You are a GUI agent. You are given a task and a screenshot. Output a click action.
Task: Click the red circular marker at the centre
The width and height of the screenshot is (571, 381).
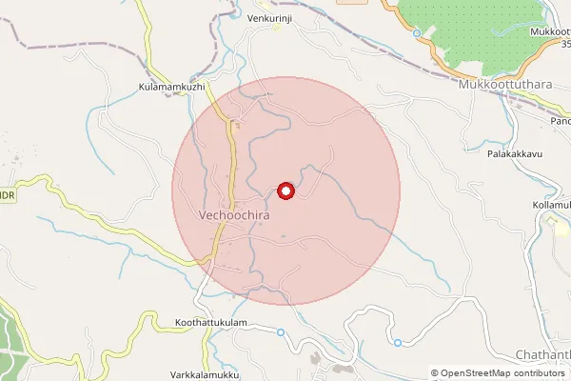point(285,190)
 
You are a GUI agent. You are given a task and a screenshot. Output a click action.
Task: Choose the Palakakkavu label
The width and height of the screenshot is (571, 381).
point(514,153)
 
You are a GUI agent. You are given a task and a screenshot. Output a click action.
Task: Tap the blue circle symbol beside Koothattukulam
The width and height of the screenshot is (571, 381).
point(281,331)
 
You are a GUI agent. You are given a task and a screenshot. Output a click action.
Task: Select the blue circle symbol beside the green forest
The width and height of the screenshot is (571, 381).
point(417,33)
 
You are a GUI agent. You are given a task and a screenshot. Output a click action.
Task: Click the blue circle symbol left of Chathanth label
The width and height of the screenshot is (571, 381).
point(397,342)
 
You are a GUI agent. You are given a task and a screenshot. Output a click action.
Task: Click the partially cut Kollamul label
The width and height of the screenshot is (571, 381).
point(551,205)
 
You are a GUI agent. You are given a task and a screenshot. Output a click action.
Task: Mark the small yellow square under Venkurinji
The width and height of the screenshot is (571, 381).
point(277,28)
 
